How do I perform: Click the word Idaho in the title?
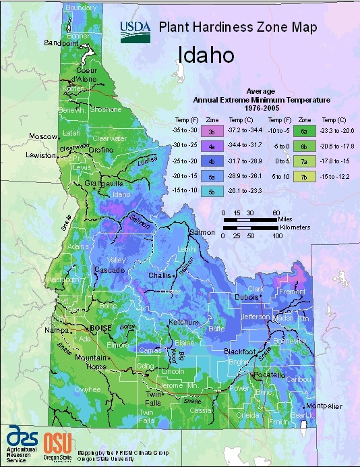pos(206,53)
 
